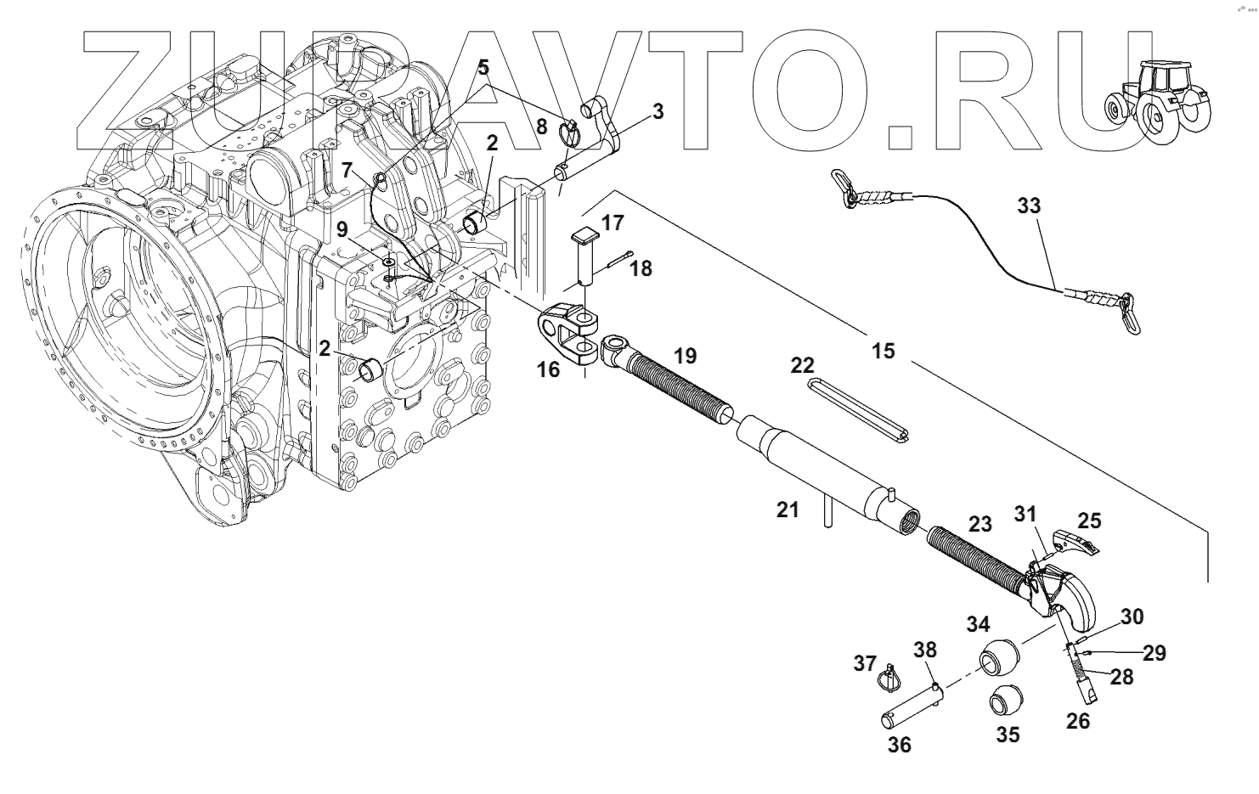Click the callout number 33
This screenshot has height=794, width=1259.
click(x=1028, y=206)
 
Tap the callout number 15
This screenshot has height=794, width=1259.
click(x=884, y=350)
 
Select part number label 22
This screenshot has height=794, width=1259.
click(x=802, y=366)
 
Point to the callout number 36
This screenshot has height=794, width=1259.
click(x=900, y=745)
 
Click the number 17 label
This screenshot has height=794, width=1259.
click(x=613, y=223)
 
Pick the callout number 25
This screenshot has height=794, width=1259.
click(x=1090, y=519)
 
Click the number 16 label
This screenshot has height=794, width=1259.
click(x=548, y=370)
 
